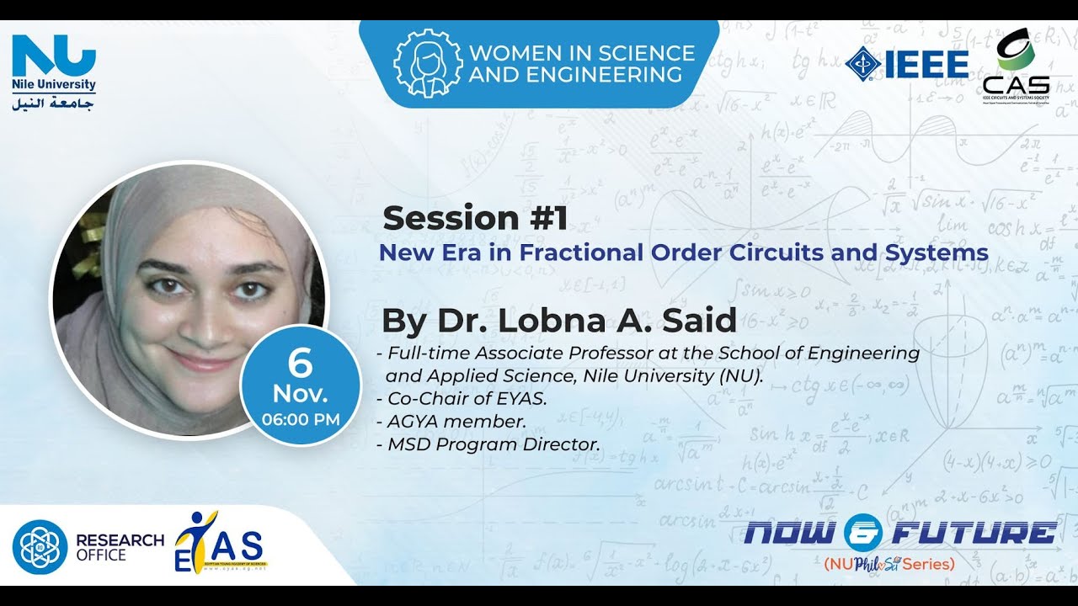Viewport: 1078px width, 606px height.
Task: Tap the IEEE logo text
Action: pos(926,64)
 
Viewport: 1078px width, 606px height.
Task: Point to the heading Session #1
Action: pos(475,219)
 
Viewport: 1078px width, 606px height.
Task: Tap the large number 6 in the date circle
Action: pos(300,364)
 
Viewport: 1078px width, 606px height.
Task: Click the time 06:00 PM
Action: pos(301,418)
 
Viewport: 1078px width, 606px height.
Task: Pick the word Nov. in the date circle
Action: pos(300,394)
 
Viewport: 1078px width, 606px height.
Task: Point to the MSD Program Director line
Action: pos(493,444)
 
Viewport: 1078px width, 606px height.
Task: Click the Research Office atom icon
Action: pos(40,547)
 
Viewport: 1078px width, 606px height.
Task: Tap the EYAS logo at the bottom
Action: pos(219,544)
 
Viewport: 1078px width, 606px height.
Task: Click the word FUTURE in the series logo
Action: pos(974,532)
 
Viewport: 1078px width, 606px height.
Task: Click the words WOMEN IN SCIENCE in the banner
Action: pos(582,53)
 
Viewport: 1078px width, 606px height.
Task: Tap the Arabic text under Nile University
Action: pos(54,104)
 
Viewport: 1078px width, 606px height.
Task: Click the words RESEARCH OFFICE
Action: pos(120,547)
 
